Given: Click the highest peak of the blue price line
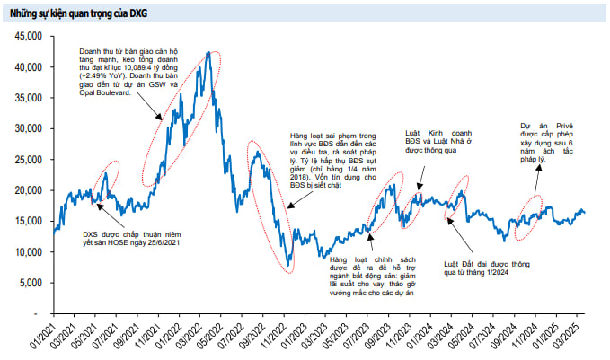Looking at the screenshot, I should [x=208, y=53].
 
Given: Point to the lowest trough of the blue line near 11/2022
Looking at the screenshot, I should [x=287, y=268].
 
